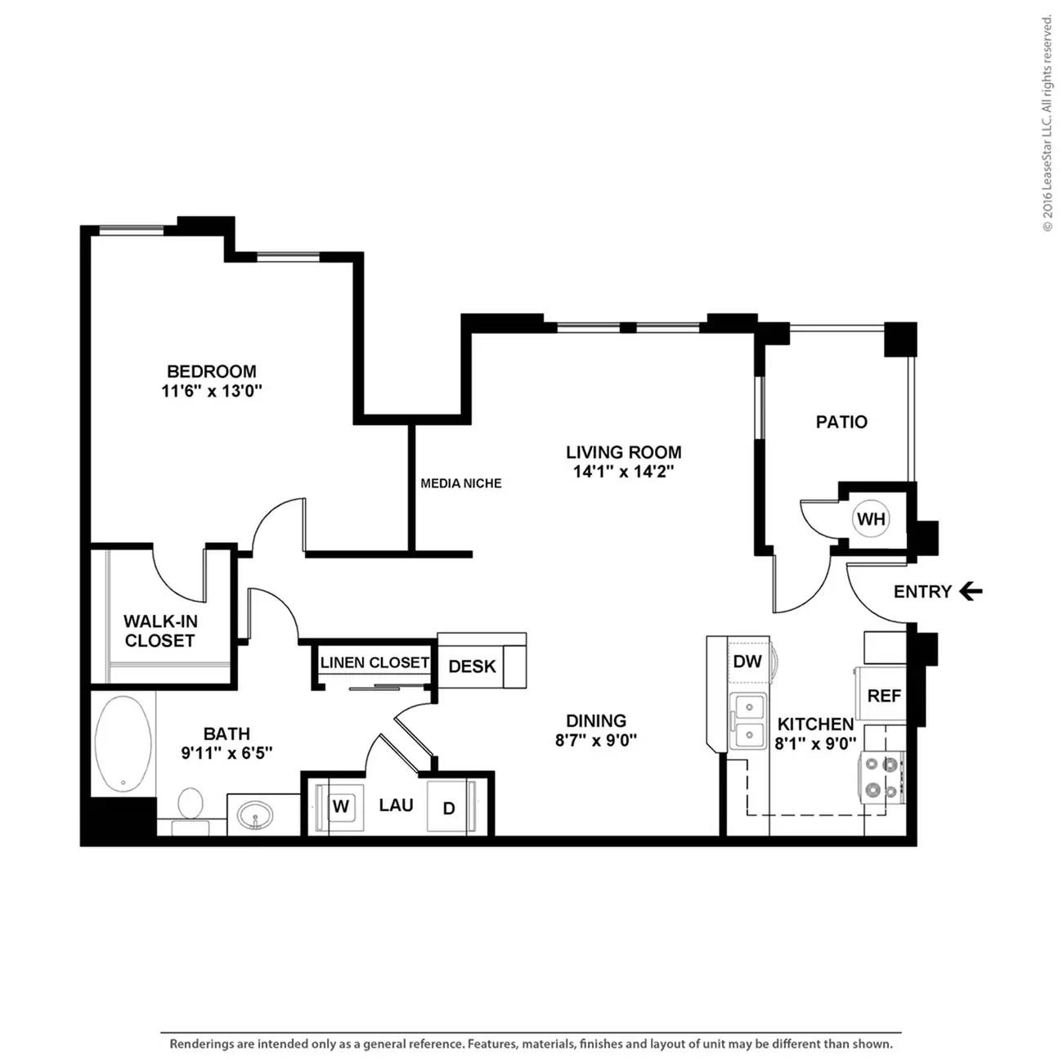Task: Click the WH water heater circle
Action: (x=871, y=518)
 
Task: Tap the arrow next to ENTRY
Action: (x=971, y=592)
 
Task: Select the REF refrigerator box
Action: (x=881, y=694)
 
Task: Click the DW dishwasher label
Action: (x=747, y=661)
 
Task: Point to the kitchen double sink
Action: (x=748, y=721)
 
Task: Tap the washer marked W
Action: (x=341, y=806)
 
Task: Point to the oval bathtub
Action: (x=123, y=740)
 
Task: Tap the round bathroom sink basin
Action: (x=255, y=815)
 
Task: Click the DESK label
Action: (x=472, y=666)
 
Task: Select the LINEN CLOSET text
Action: (x=375, y=662)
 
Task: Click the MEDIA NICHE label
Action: (x=461, y=483)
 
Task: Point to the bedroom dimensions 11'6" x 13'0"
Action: (x=211, y=391)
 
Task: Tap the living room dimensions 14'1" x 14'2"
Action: (x=624, y=472)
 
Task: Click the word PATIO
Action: (x=841, y=422)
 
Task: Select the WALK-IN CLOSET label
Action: (x=160, y=631)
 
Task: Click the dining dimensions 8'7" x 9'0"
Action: (x=596, y=740)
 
